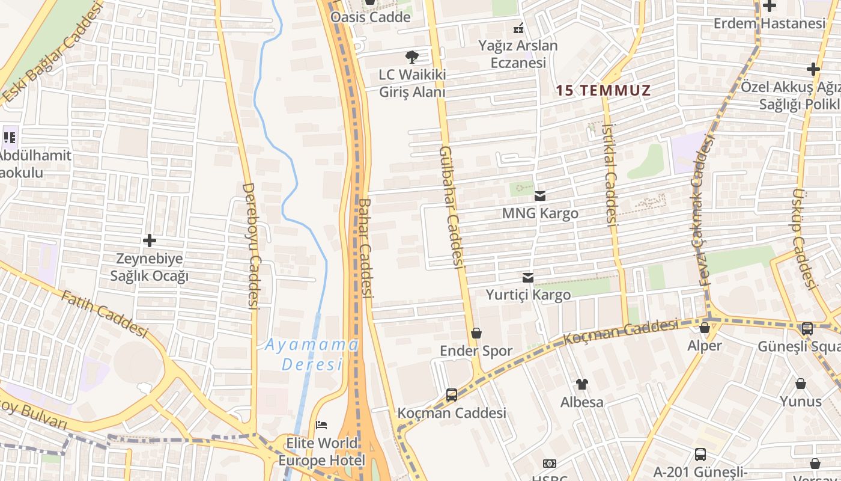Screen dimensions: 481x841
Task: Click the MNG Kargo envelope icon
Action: [x=540, y=195]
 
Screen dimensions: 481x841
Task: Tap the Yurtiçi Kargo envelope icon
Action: [x=528, y=277]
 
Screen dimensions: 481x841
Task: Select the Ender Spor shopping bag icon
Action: [x=476, y=332]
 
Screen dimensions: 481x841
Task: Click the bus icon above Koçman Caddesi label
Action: [x=452, y=395]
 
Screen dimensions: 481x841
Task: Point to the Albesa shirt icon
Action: [x=581, y=384]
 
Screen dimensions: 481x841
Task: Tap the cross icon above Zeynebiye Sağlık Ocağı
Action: [x=150, y=241]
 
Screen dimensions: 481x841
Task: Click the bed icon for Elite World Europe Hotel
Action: [x=321, y=425]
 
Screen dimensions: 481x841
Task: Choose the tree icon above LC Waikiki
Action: [x=412, y=57]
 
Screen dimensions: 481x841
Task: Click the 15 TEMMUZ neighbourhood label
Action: [x=603, y=91]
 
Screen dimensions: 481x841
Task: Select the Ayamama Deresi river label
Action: [x=312, y=354]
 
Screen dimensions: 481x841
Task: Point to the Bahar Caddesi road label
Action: [x=366, y=248]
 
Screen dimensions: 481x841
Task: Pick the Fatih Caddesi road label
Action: [x=105, y=313]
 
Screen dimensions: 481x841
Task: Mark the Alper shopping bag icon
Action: [x=704, y=328]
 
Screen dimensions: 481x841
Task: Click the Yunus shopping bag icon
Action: [x=801, y=384]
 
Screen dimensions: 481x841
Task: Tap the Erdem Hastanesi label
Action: [x=770, y=23]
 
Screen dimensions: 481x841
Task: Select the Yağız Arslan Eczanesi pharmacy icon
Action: [x=518, y=27]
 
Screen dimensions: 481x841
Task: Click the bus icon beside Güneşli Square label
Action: [x=807, y=328]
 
